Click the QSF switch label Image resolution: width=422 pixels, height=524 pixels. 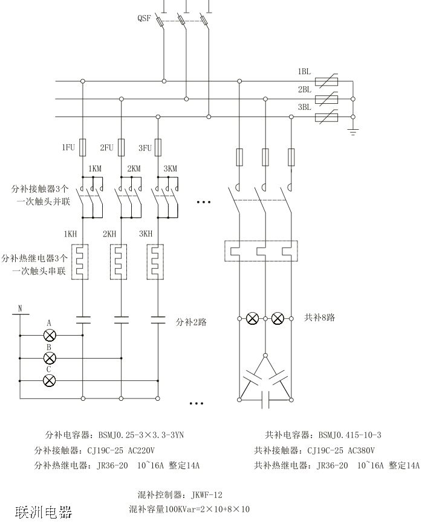[144, 18]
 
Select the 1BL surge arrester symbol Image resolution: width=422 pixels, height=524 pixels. [327, 80]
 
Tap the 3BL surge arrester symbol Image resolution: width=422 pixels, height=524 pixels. [327, 117]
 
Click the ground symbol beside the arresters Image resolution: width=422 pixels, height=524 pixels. [354, 130]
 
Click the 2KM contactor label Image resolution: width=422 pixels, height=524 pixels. [134, 169]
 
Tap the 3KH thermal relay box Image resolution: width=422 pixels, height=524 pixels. [157, 261]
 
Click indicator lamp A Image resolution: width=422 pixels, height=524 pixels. [50, 335]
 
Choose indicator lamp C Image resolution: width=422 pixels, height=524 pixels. [50, 380]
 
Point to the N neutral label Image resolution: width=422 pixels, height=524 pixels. [20, 308]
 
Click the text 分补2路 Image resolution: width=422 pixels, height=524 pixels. [191, 322]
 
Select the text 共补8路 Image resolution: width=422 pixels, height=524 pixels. [320, 317]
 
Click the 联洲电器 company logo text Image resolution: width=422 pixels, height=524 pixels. [44, 512]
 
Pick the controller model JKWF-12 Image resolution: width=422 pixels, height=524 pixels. [207, 494]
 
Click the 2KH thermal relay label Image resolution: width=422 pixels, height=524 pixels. [109, 234]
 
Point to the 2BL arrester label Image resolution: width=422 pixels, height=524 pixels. [304, 89]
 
